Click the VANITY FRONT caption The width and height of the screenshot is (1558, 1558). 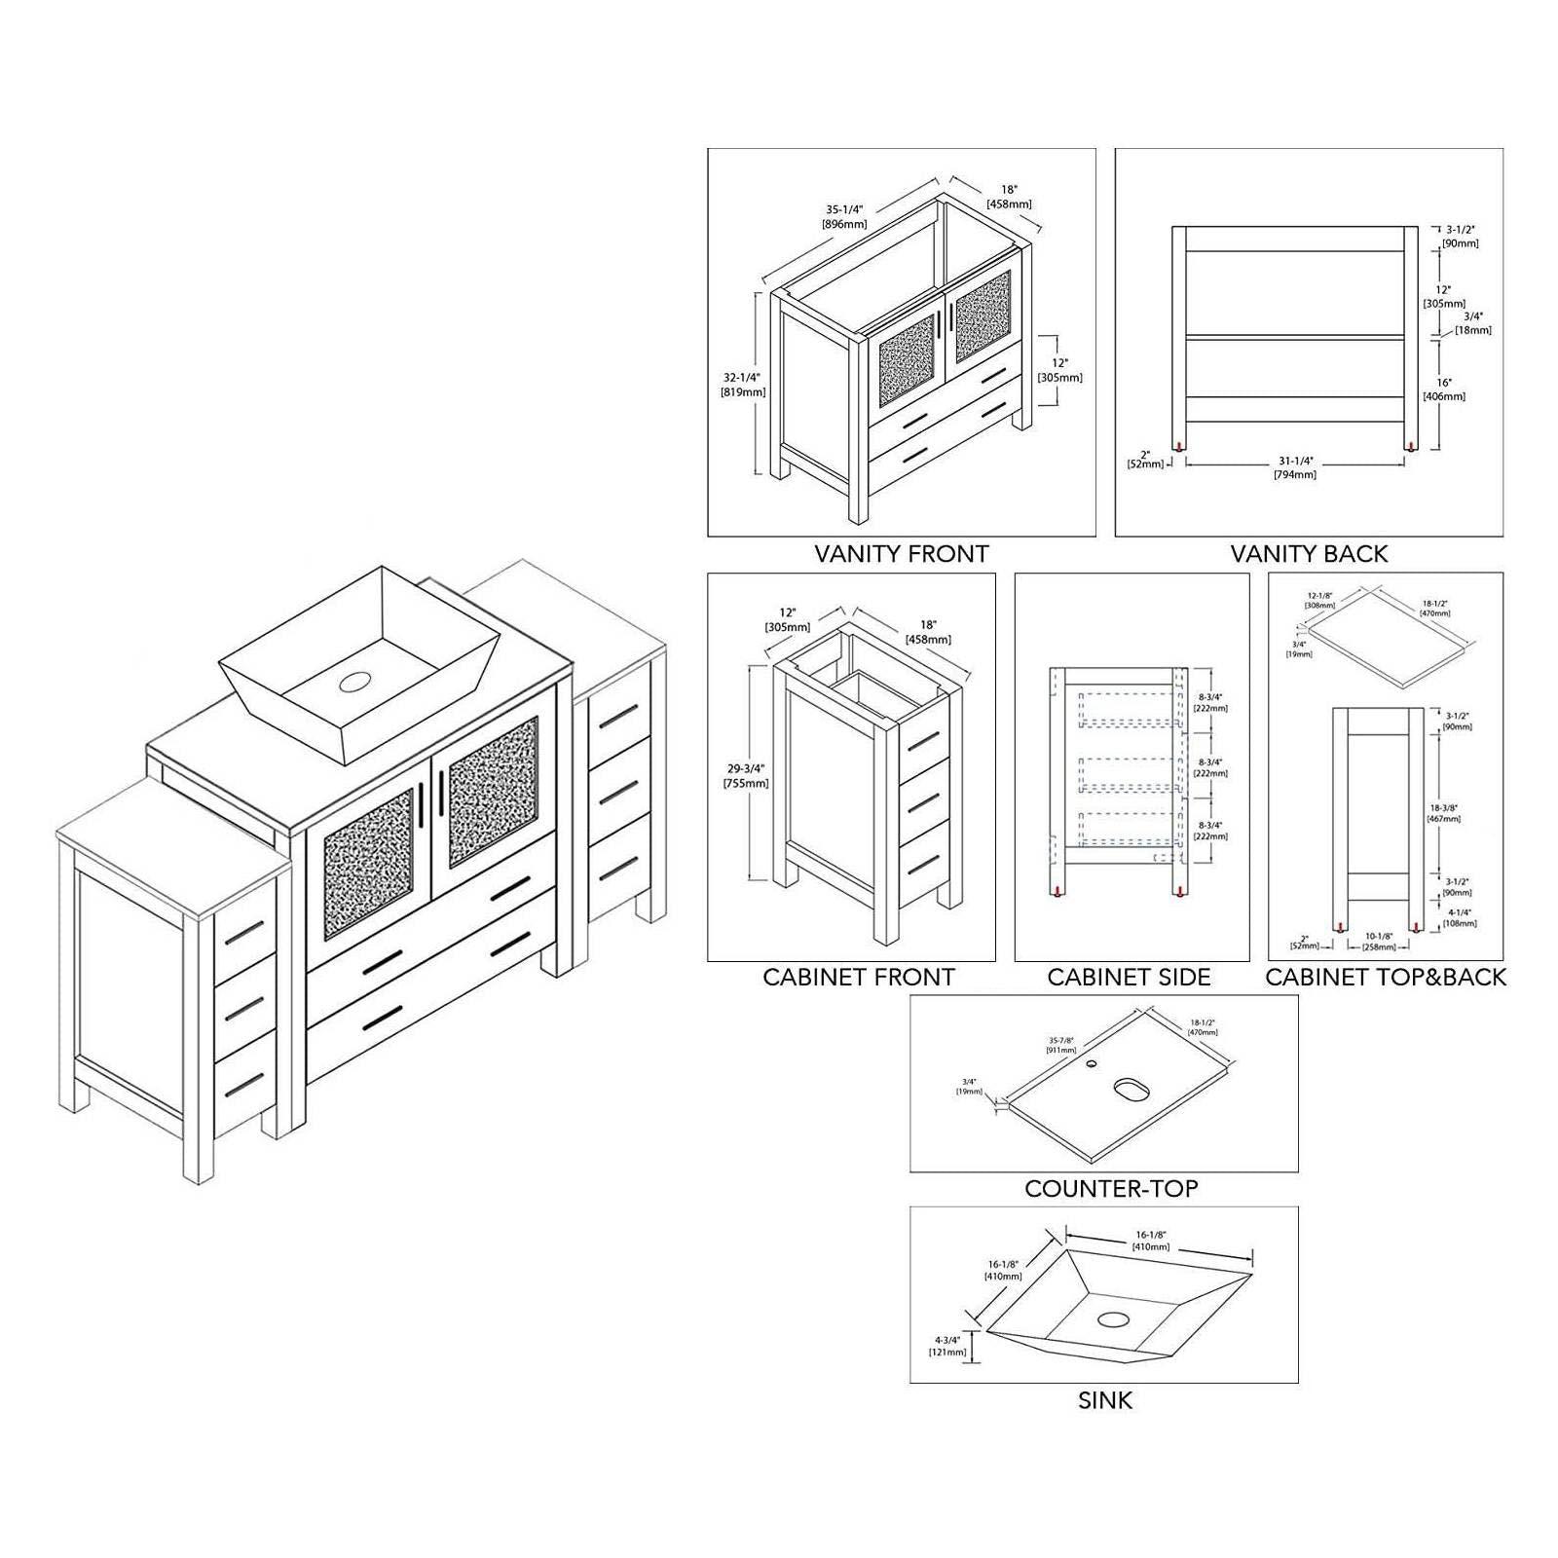point(901,554)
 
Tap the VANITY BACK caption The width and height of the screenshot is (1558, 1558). point(1309,554)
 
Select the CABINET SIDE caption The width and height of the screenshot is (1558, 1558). point(1129,978)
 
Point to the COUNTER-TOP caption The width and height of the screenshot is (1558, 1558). point(1111,1188)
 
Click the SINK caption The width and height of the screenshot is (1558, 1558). point(1105,1400)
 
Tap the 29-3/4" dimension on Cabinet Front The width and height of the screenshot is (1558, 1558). point(745,775)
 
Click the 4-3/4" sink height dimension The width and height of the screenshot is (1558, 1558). point(947,1346)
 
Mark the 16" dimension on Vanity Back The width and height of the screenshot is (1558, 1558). point(1443,389)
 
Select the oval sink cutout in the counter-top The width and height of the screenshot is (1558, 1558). point(1131,1088)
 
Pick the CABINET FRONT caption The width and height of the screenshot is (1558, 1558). point(859,978)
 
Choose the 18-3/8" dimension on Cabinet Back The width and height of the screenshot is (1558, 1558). point(1444,813)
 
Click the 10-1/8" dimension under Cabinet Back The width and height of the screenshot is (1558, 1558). point(1378,941)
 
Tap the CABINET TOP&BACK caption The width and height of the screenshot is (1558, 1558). point(1385,978)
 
